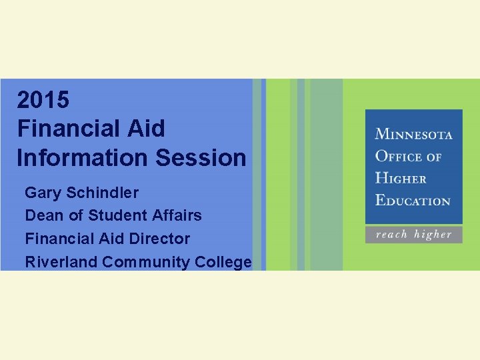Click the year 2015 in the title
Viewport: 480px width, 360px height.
43,100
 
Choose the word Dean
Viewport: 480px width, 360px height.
42,215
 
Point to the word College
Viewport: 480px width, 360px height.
223,261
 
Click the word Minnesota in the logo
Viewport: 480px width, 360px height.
413,134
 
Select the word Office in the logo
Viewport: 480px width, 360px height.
399,157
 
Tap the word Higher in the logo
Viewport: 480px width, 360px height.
400,178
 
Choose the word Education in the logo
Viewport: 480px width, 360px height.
413,200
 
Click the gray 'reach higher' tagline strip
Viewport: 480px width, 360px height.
413,235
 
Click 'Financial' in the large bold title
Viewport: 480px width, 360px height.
64,129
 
